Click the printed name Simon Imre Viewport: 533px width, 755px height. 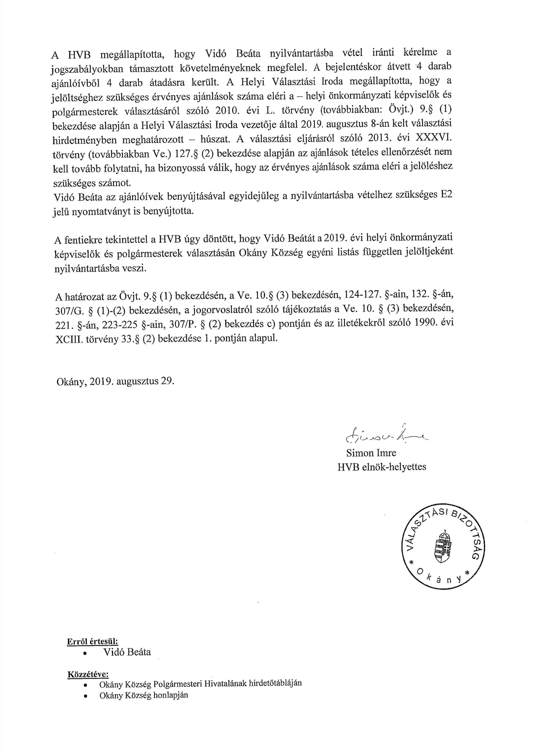[x=371, y=453]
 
